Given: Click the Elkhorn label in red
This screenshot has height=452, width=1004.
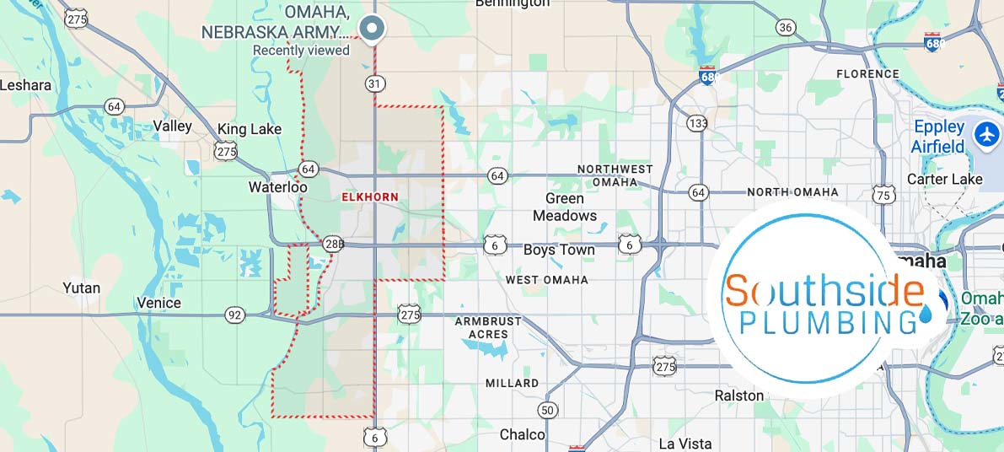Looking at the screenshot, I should [369, 196].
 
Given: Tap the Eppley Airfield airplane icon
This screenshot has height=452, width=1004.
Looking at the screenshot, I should [985, 134].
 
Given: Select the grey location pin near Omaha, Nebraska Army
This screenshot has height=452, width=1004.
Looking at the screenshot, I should [372, 29].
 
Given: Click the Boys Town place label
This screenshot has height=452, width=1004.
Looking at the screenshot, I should [559, 250].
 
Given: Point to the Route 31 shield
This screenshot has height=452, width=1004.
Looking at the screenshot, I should [375, 83].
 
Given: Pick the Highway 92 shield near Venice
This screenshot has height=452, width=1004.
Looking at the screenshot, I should [235, 315].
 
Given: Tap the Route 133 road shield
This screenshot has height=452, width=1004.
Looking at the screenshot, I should [696, 123].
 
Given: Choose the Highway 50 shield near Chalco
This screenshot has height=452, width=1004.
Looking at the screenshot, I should [548, 411].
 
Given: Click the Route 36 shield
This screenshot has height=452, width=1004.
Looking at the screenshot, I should [786, 28].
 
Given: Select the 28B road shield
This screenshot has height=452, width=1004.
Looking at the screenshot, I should [333, 245].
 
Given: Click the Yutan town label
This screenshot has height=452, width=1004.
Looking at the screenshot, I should [81, 288].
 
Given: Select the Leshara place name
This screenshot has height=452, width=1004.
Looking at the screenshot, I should [25, 85].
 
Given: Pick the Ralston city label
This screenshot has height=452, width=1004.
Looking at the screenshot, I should [738, 395].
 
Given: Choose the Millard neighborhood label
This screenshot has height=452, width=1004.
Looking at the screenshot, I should [512, 384].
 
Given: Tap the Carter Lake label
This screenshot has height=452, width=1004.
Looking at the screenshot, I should [944, 179].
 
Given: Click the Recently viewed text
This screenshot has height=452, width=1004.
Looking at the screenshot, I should [301, 51].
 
